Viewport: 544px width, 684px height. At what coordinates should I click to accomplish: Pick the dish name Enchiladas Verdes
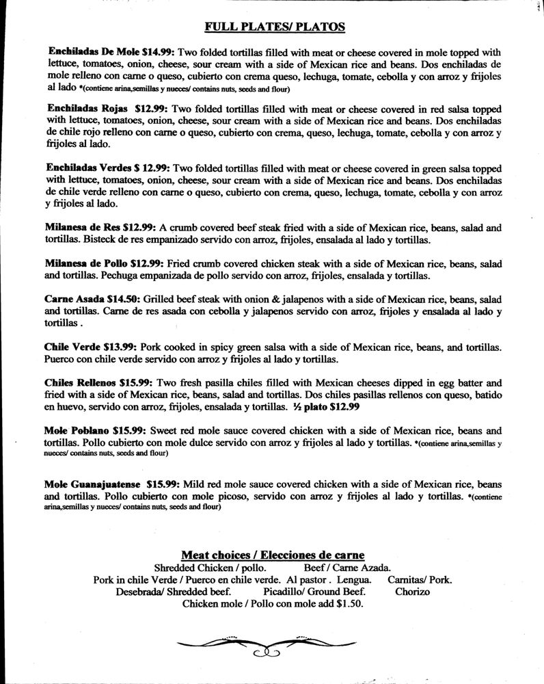pos(90,168)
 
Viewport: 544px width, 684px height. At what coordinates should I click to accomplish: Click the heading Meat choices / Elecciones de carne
pos(272,555)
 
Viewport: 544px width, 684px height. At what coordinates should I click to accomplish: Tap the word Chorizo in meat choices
pos(412,592)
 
